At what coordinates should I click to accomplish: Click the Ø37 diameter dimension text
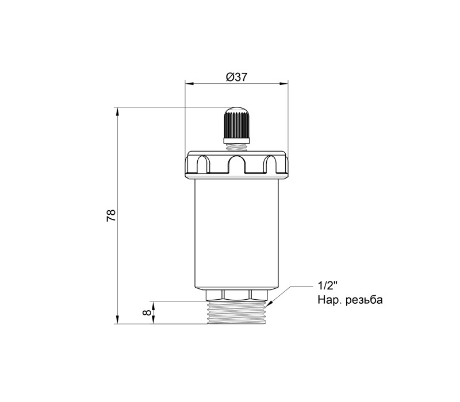tap(237, 77)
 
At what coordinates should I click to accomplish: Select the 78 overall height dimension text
tap(112, 216)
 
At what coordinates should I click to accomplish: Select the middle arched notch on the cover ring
tap(236, 164)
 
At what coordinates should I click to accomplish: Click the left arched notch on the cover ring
tap(202, 164)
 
